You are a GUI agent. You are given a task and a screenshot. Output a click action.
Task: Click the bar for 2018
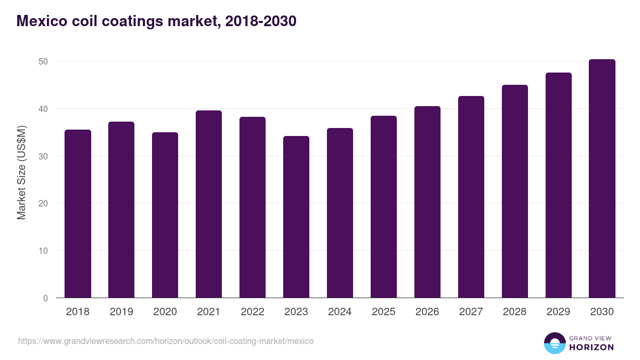pos(78,213)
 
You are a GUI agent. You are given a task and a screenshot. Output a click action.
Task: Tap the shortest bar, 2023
pos(296,217)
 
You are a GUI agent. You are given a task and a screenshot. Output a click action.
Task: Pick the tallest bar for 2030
pos(602,179)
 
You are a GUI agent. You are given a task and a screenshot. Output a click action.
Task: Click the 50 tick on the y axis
pos(43,61)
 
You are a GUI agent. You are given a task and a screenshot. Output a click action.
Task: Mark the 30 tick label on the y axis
pos(43,156)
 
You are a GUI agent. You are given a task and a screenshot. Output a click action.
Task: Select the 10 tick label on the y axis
pos(43,251)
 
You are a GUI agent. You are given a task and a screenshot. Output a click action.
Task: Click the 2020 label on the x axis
pos(165,312)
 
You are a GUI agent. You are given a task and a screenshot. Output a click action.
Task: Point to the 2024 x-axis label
pos(340,312)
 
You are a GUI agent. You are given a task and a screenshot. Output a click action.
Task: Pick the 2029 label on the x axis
pos(558,312)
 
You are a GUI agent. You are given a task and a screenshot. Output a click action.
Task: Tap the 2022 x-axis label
pos(252,312)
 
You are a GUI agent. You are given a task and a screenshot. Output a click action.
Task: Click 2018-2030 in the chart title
pos(261,21)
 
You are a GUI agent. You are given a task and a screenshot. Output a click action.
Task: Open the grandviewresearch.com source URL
pos(166,341)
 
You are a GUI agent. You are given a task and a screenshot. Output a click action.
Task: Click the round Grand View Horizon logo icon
pos(554,343)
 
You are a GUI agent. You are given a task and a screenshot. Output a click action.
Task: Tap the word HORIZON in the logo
pos(591,347)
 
